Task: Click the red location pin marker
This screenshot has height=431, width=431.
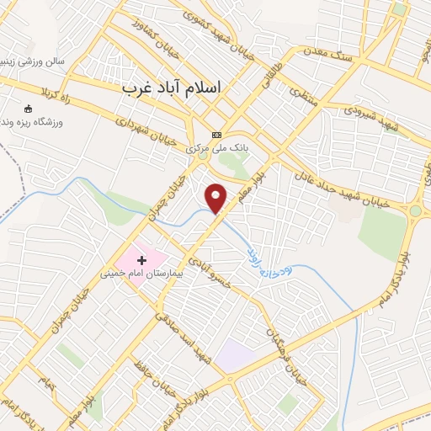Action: pos(216,198)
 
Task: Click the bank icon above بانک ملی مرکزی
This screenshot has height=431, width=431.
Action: pos(216,135)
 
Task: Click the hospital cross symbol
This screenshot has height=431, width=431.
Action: pos(141,260)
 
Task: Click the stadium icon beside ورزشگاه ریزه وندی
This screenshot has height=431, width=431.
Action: pos(29,109)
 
